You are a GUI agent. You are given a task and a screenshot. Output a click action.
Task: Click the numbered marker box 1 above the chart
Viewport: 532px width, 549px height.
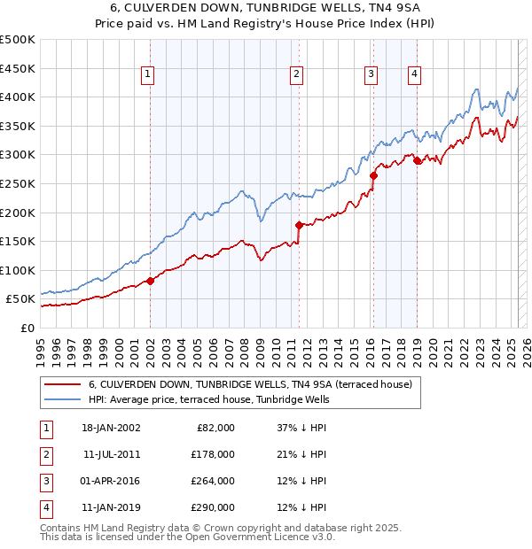(x=146, y=75)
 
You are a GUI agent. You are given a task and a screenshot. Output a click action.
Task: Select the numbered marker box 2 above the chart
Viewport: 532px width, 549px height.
(x=295, y=75)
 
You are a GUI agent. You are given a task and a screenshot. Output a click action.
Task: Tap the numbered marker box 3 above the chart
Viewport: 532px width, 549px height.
(x=370, y=75)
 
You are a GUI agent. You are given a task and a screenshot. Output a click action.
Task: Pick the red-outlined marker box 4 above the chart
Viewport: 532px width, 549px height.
(x=414, y=75)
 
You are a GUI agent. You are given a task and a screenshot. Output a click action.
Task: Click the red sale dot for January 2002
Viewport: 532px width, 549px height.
(x=151, y=282)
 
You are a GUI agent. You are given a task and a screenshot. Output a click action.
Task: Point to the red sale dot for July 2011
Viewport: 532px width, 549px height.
(x=299, y=225)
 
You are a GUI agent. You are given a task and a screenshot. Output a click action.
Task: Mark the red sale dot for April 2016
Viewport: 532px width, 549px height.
(x=373, y=175)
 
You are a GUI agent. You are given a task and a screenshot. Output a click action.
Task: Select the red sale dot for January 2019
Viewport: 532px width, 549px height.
(x=417, y=160)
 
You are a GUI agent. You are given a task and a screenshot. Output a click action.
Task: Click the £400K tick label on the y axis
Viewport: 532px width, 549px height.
(x=18, y=97)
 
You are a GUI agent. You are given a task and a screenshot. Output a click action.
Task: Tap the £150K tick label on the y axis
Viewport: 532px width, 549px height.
(x=18, y=241)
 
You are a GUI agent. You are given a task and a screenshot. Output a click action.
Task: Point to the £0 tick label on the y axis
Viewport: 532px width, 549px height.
(x=27, y=328)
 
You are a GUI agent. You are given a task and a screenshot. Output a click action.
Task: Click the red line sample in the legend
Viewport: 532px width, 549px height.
(x=63, y=385)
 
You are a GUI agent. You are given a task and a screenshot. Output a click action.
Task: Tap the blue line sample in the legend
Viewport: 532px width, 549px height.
(x=63, y=400)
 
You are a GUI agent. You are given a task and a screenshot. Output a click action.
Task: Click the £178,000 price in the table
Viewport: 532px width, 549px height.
(x=214, y=454)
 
